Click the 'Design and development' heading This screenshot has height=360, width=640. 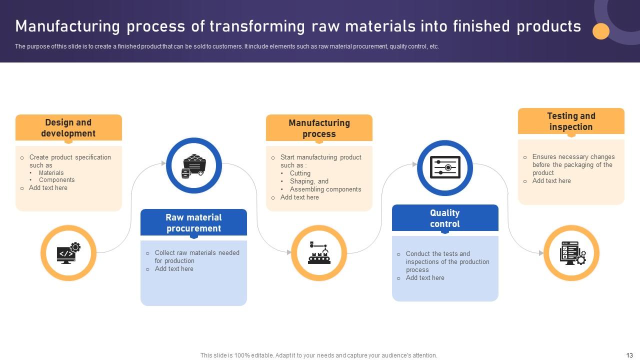point(68,128)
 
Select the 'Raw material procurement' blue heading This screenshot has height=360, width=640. point(193,223)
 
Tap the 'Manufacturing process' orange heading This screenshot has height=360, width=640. point(319,128)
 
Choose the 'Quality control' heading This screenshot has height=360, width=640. point(444,218)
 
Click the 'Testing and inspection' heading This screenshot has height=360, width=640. point(571,121)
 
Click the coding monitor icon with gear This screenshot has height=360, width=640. point(68,253)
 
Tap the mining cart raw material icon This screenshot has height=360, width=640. point(193,165)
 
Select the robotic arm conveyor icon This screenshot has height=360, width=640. point(319,253)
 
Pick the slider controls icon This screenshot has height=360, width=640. point(444,168)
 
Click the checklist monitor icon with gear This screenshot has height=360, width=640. point(571,253)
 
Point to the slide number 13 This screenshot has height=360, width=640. point(629,355)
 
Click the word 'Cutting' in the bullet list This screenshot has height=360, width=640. point(300,173)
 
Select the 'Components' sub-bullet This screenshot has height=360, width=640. point(56,180)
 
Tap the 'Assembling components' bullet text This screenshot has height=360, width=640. point(325,189)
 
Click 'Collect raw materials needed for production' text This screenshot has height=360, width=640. point(196,256)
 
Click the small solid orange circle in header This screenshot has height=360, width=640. point(601,31)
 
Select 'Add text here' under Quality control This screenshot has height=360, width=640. point(424,278)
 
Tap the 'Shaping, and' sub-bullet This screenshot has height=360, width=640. point(309,181)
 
